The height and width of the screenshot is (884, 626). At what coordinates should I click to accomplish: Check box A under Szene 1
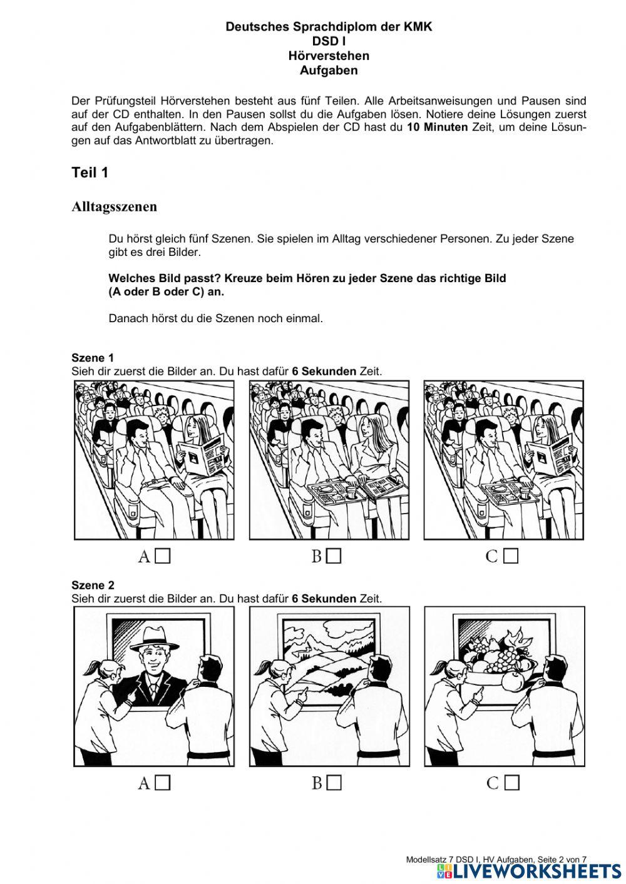(163, 556)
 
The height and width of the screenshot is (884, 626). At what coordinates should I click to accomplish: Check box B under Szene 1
(334, 556)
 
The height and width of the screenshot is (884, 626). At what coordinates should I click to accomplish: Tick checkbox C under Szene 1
(511, 556)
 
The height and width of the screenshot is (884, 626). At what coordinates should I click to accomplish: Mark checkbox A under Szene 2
(163, 783)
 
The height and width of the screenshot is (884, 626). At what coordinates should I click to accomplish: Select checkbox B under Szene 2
(334, 783)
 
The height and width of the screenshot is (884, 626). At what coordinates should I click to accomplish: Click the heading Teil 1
(90, 173)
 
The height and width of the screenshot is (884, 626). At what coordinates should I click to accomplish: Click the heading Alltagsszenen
(114, 206)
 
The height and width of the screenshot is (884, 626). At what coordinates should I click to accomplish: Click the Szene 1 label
(93, 358)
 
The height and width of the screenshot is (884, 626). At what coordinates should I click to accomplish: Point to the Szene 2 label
(93, 585)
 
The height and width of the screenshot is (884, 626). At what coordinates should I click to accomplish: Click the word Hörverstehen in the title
(329, 56)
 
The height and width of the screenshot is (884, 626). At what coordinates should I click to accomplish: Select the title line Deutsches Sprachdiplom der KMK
(329, 27)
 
